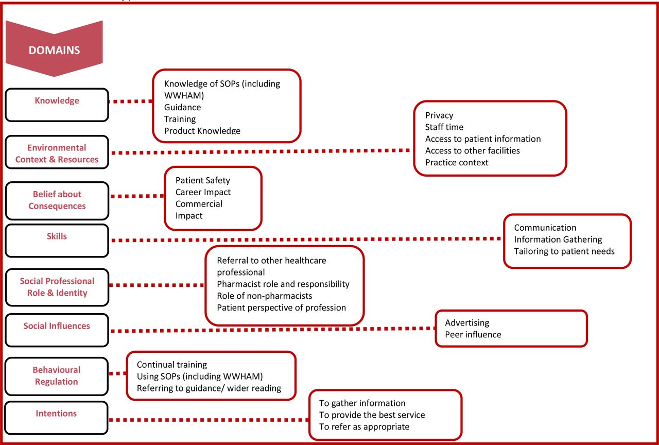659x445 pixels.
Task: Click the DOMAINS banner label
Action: (54, 50)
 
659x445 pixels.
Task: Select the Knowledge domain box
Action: (57, 105)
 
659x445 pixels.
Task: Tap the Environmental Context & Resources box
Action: (57, 152)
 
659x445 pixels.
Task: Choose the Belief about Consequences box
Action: (57, 201)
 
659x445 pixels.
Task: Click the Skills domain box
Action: (57, 241)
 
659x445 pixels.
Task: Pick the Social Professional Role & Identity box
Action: (57, 287)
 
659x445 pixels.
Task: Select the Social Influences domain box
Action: (57, 330)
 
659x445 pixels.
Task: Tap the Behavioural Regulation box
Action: (57, 376)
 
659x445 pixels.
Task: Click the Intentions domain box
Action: (56, 418)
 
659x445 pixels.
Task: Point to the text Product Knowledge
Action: (202, 131)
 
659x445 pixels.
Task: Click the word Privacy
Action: (439, 115)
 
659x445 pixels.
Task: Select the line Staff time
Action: (444, 127)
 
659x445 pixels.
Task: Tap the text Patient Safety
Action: (203, 180)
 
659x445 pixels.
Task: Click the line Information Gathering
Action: (558, 239)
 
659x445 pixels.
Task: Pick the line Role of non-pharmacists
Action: (265, 296)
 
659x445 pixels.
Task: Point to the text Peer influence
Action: (473, 335)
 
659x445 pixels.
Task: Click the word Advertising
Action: (467, 323)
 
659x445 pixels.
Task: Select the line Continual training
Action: (172, 365)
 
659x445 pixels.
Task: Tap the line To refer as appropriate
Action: (364, 427)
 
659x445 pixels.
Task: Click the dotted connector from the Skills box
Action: (306, 239)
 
